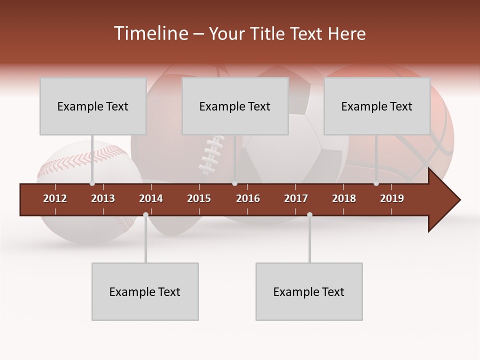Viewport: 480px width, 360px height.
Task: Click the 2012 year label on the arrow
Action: pos(55,198)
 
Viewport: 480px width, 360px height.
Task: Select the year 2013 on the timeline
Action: pos(103,198)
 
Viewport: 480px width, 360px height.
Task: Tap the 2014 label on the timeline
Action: pos(151,198)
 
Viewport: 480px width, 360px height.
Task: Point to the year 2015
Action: pos(199,198)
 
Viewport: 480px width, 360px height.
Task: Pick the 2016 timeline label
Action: pos(248,198)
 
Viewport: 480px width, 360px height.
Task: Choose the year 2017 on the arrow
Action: pos(296,198)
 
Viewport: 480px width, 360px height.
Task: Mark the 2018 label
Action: pos(344,198)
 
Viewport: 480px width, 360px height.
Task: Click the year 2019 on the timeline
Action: pos(392,198)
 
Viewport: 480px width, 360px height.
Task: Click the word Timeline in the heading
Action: pos(150,33)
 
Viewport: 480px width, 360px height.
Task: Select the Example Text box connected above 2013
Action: pos(93,106)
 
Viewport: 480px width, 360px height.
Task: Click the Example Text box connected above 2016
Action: pos(235,106)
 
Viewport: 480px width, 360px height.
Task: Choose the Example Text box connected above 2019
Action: pos(377,106)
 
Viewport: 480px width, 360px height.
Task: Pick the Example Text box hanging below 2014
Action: pos(145,292)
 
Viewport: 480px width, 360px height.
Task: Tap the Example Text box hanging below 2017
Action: pos(309,292)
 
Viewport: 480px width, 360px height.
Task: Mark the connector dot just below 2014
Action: pos(145,215)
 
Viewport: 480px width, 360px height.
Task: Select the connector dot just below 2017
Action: pos(309,215)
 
